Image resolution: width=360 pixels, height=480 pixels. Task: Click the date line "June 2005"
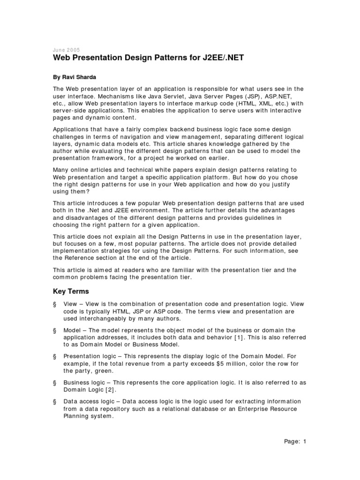click(66, 50)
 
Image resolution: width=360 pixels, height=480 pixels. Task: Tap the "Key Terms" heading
click(71, 291)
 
